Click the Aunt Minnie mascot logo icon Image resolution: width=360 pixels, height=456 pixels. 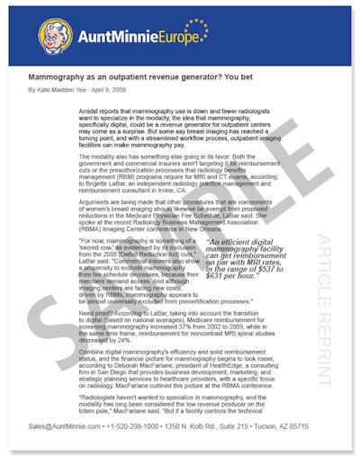tap(55, 35)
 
